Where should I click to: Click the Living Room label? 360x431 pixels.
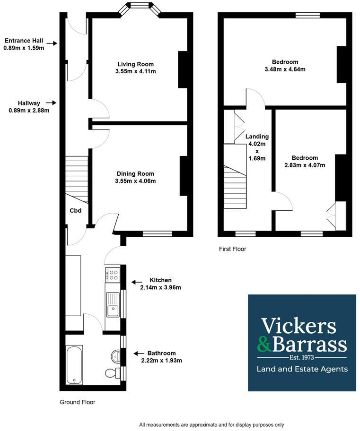[x=135, y=64]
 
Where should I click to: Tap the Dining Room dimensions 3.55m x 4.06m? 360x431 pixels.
[x=135, y=181]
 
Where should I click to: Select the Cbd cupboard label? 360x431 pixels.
[x=75, y=211]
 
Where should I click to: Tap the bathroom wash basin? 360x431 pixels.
[x=115, y=356]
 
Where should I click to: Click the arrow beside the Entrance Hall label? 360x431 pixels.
[x=52, y=43]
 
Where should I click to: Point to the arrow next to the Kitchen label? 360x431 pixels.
[x=137, y=282]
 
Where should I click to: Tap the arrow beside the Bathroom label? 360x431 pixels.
[x=139, y=353]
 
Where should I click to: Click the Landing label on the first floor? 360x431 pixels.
[x=257, y=136]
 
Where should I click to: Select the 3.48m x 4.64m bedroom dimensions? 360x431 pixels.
[x=285, y=69]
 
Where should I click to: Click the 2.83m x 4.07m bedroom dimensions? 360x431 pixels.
[x=305, y=165]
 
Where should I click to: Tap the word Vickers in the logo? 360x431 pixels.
[x=299, y=326]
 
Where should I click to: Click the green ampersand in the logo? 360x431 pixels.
[x=264, y=345]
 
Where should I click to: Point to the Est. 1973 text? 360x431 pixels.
[x=302, y=358]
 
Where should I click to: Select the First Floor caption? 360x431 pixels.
[x=233, y=249]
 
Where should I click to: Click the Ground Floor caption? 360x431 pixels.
[x=78, y=402]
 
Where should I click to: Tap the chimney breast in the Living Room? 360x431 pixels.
[x=183, y=69]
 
